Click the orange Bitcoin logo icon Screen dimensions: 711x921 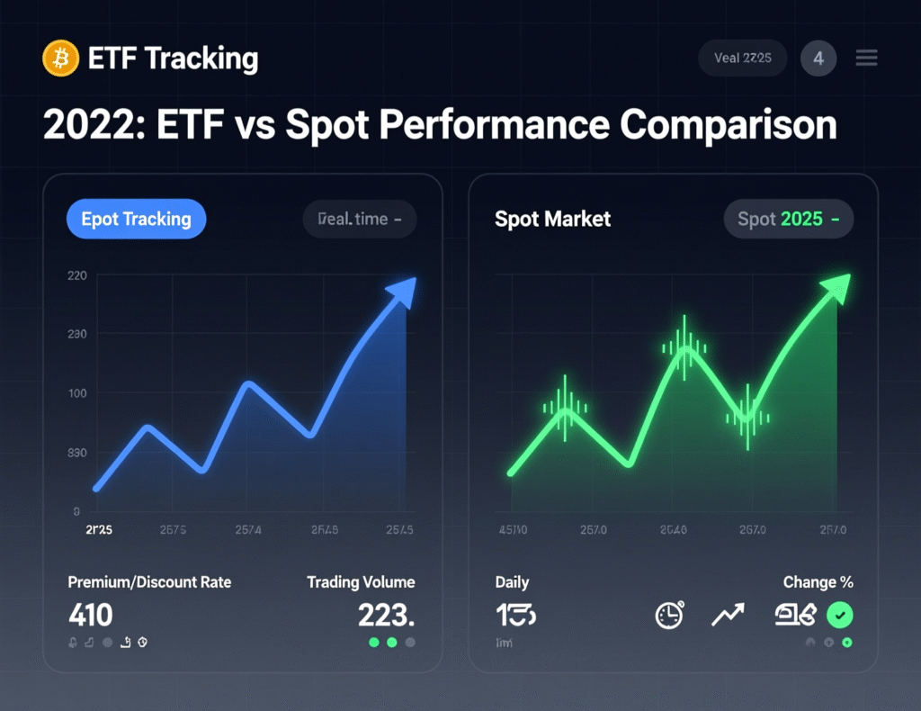coord(61,58)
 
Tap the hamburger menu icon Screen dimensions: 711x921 coord(866,58)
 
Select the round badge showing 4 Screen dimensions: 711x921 coord(818,58)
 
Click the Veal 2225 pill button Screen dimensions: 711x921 coord(743,58)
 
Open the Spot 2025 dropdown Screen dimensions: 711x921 coord(789,219)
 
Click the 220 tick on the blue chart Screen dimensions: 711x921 coord(77,276)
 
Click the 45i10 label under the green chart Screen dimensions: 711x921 coord(514,530)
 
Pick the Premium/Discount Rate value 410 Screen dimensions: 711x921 coord(91,616)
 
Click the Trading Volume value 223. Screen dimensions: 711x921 coord(386,616)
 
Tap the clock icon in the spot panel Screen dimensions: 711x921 coord(669,616)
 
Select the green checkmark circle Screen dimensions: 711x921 coord(840,616)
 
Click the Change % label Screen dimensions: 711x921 coord(818,582)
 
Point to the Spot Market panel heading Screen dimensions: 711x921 coord(553,219)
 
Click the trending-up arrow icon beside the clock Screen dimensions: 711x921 coord(728,616)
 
